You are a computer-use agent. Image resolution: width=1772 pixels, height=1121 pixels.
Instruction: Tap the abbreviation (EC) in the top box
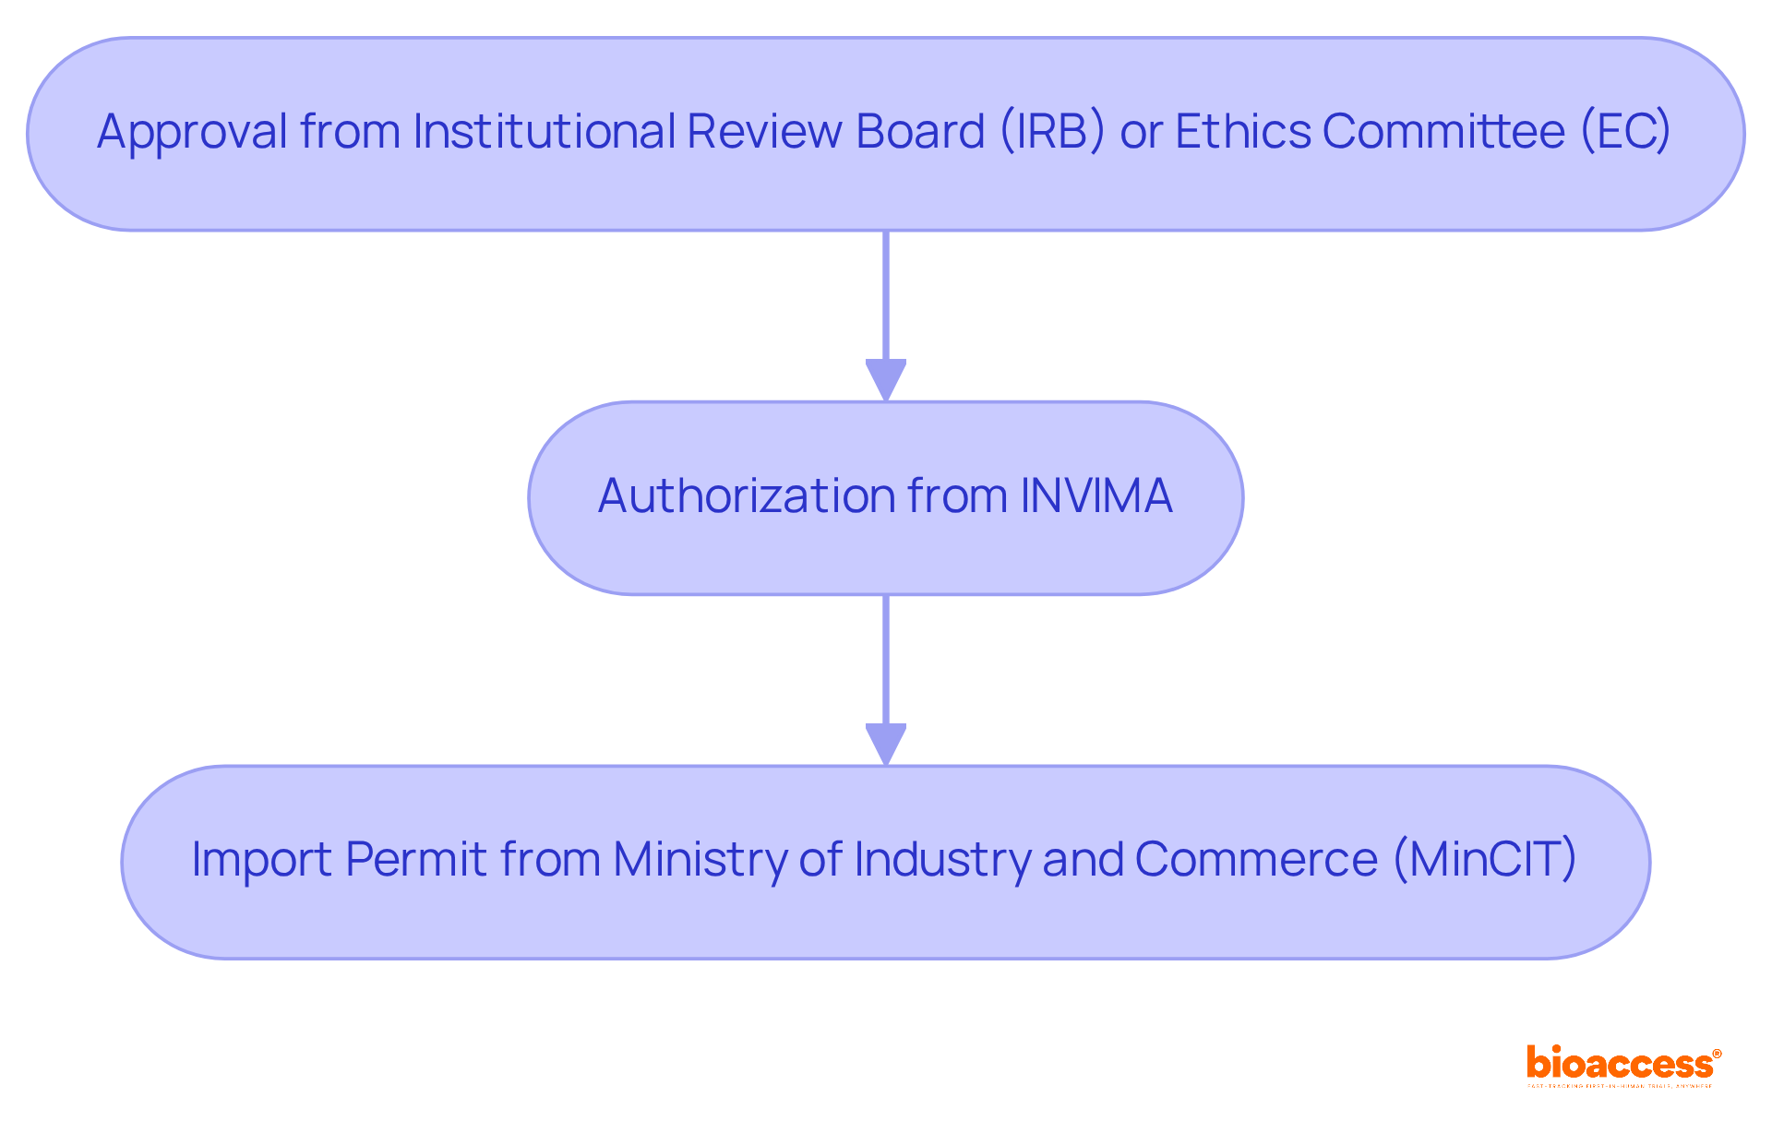pos(1625,132)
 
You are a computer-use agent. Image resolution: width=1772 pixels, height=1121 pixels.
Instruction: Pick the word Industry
pos(941,860)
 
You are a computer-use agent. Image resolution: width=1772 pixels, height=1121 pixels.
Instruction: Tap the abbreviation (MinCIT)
pos(1484,860)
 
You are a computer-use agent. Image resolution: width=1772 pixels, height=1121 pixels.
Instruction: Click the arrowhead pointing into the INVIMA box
pos(886,379)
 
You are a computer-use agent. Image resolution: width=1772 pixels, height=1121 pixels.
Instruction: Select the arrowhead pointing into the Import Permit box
pos(886,744)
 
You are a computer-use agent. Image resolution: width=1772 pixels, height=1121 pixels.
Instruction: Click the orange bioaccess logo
pos(1622,1065)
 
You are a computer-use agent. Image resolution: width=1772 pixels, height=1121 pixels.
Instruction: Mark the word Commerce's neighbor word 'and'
pos(1082,860)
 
